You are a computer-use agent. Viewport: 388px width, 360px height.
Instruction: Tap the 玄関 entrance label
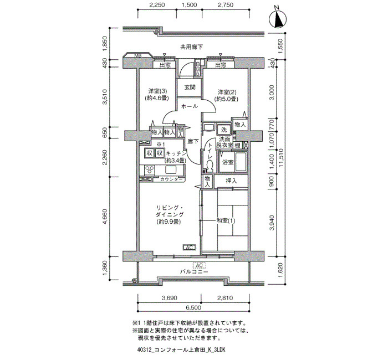click(x=190, y=88)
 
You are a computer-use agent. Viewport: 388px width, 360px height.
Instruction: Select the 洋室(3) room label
click(x=157, y=95)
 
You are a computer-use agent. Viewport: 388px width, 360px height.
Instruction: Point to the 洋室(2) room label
click(x=226, y=95)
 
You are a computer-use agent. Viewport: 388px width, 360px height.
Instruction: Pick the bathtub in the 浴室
click(x=241, y=162)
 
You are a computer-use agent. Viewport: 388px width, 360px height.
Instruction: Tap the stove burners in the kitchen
click(x=150, y=170)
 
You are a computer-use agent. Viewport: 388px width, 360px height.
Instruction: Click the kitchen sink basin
click(x=171, y=170)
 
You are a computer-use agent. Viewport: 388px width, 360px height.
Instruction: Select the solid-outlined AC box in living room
click(x=190, y=247)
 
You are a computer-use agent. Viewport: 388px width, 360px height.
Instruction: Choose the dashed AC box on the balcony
click(x=200, y=265)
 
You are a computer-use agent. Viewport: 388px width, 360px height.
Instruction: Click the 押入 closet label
click(x=231, y=181)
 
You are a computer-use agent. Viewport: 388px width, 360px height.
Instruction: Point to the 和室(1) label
click(x=226, y=220)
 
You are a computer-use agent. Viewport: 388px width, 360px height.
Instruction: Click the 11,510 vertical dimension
click(x=280, y=158)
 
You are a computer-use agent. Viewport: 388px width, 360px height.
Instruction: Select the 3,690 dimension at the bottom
click(x=170, y=298)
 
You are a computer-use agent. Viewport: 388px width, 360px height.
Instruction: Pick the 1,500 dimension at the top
click(x=189, y=4)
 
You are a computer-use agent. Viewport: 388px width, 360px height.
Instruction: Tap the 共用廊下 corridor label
click(x=191, y=47)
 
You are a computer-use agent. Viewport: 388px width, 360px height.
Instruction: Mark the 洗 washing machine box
click(x=224, y=129)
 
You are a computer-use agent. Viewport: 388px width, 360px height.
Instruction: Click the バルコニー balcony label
click(x=194, y=272)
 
